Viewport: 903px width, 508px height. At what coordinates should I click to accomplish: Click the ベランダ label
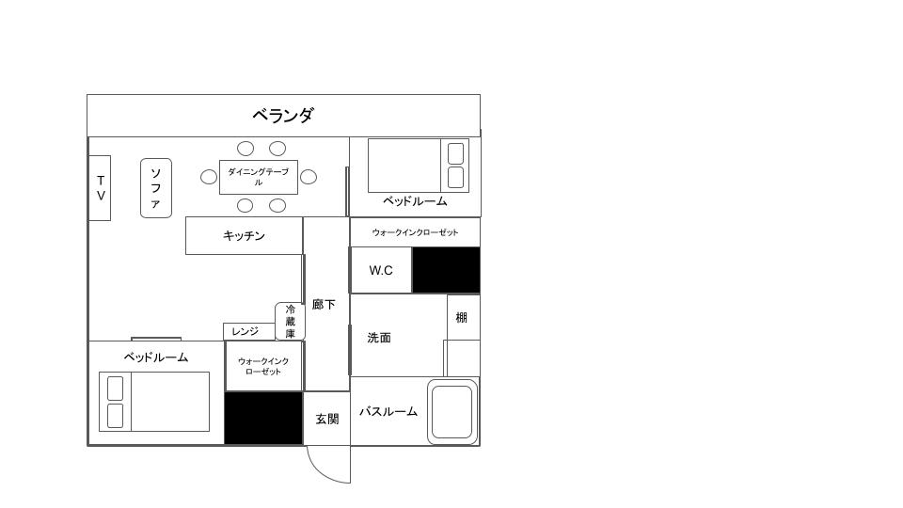(x=282, y=116)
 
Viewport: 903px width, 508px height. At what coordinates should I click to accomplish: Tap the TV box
(x=100, y=188)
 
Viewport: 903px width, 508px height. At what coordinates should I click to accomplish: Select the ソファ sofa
(x=156, y=188)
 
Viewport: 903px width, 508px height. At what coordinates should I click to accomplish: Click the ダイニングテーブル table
(x=258, y=177)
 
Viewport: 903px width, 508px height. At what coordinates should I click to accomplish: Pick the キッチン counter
(x=244, y=235)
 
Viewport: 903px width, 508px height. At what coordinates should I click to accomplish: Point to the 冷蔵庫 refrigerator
(x=290, y=321)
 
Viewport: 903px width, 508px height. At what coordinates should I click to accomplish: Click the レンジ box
(x=246, y=331)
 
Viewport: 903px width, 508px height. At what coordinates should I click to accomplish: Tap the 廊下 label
(x=324, y=305)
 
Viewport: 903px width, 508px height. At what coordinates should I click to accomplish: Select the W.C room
(x=381, y=270)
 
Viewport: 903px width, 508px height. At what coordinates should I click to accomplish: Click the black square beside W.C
(x=446, y=270)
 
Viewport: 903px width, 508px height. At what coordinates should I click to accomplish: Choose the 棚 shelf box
(x=462, y=318)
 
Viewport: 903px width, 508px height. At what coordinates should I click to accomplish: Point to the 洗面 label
(x=379, y=338)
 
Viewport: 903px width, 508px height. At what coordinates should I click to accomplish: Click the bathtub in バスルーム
(x=452, y=411)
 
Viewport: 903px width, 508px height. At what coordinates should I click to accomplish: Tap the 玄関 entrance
(x=326, y=419)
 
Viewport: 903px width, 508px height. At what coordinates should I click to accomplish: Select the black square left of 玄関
(x=263, y=418)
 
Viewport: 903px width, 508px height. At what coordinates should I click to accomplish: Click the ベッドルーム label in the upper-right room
(x=414, y=201)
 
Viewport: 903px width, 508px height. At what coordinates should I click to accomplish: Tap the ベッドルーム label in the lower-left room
(x=156, y=357)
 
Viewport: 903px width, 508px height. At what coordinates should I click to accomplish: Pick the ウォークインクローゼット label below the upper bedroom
(x=415, y=232)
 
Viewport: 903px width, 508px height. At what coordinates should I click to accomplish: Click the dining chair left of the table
(x=209, y=177)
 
